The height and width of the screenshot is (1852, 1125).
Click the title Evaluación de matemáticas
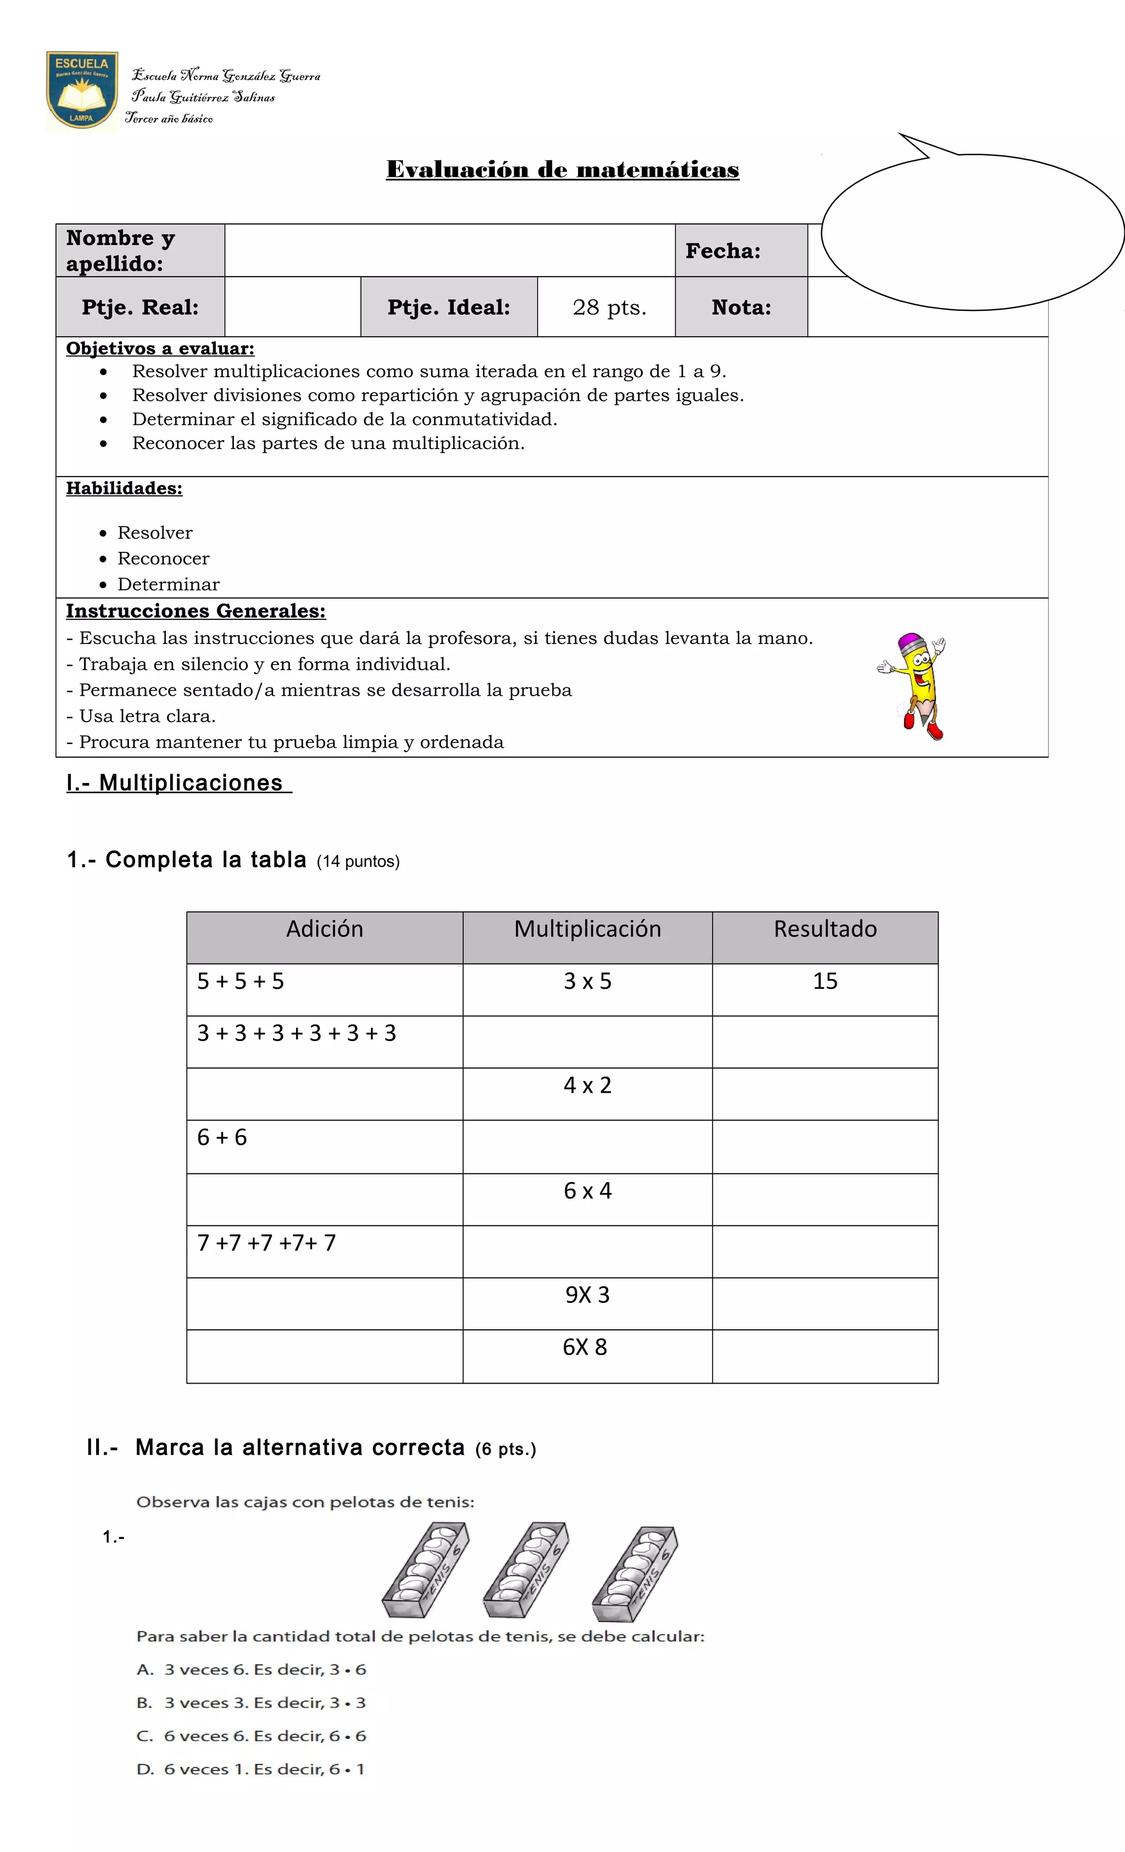562,170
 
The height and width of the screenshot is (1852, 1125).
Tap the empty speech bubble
972,232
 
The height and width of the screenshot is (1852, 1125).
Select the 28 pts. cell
609,307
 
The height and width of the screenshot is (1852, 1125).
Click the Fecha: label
722,251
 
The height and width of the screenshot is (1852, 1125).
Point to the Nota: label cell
740,307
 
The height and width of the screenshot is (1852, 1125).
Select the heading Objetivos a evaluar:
160,349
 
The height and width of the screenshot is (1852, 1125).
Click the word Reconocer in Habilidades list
163,558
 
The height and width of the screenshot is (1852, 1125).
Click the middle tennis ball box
526,1570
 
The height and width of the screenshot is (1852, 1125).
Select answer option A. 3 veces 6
251,1669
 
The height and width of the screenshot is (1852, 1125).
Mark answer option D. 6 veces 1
250,1769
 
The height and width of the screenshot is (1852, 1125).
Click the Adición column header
324,930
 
